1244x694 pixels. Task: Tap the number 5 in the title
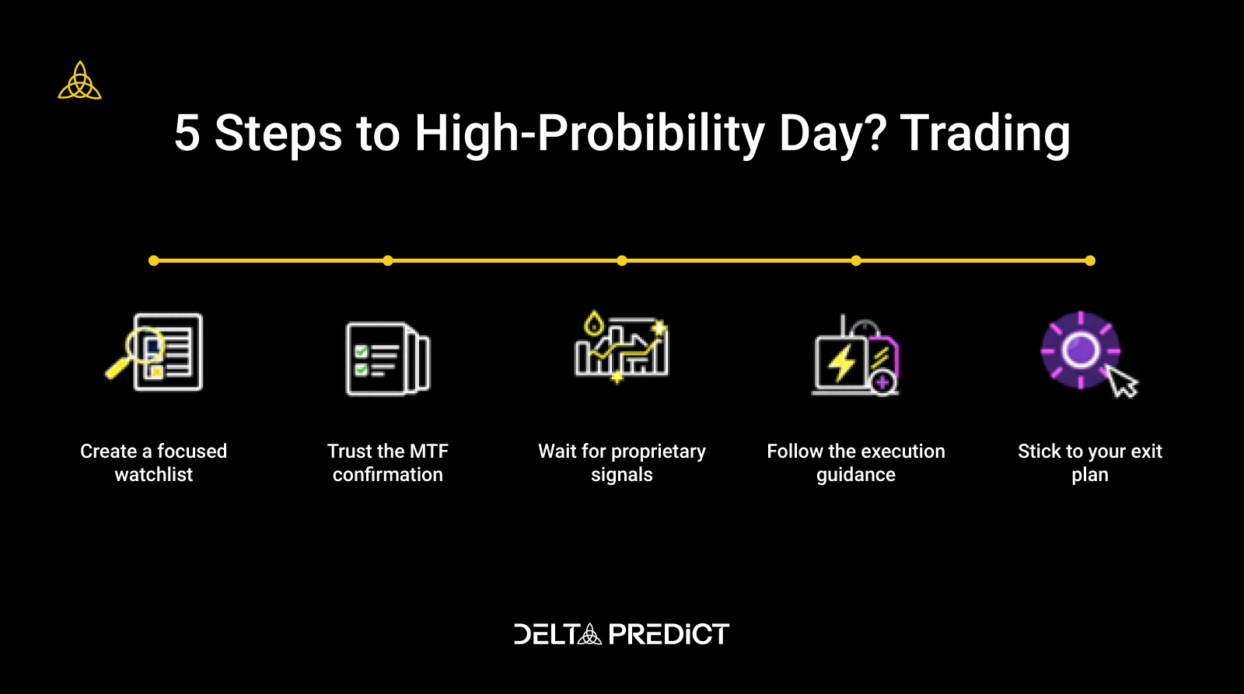(x=187, y=133)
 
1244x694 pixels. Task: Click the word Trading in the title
(x=984, y=135)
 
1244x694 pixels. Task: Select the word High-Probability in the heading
(x=589, y=135)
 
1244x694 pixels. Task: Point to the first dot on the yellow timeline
(x=154, y=261)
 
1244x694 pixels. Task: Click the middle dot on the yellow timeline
(x=622, y=261)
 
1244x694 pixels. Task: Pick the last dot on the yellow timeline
(x=1090, y=261)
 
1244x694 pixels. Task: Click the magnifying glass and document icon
(x=154, y=352)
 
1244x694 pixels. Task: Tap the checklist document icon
(x=388, y=359)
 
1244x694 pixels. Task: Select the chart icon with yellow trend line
(x=621, y=347)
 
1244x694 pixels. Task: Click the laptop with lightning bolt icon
(x=855, y=356)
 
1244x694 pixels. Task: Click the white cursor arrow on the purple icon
(x=1122, y=382)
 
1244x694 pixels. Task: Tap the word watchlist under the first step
(x=154, y=475)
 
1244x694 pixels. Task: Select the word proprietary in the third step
(x=658, y=452)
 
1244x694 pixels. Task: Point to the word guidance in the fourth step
(x=856, y=476)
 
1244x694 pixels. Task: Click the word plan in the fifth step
(x=1090, y=476)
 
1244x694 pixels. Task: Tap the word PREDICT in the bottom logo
(x=669, y=634)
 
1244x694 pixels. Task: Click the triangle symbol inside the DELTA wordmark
(x=590, y=634)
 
